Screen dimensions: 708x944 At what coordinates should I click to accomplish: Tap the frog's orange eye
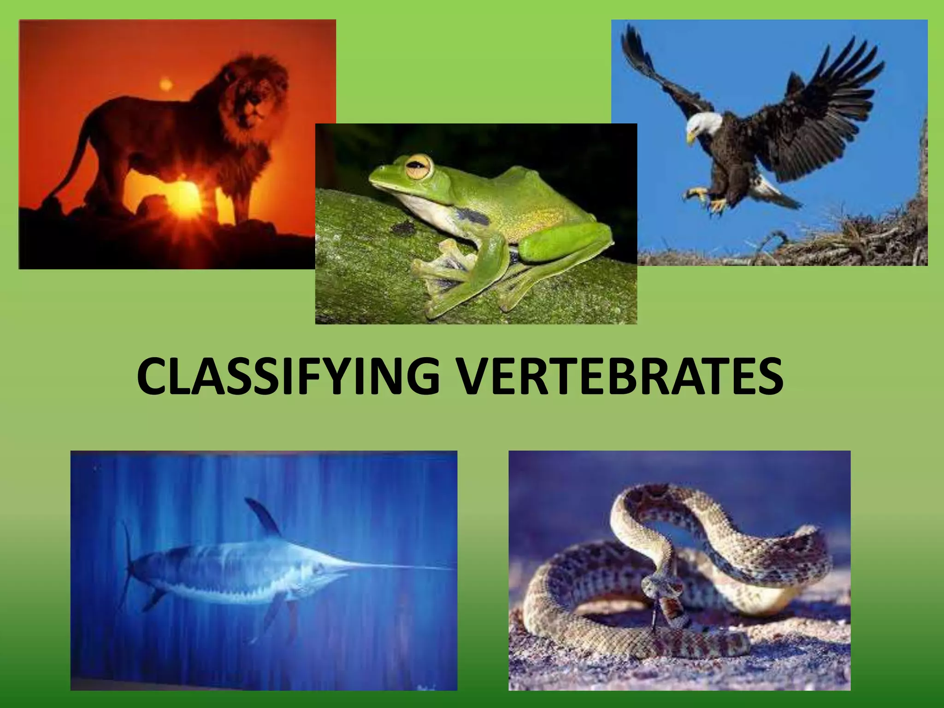419,167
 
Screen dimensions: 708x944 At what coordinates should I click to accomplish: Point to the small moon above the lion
166,84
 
